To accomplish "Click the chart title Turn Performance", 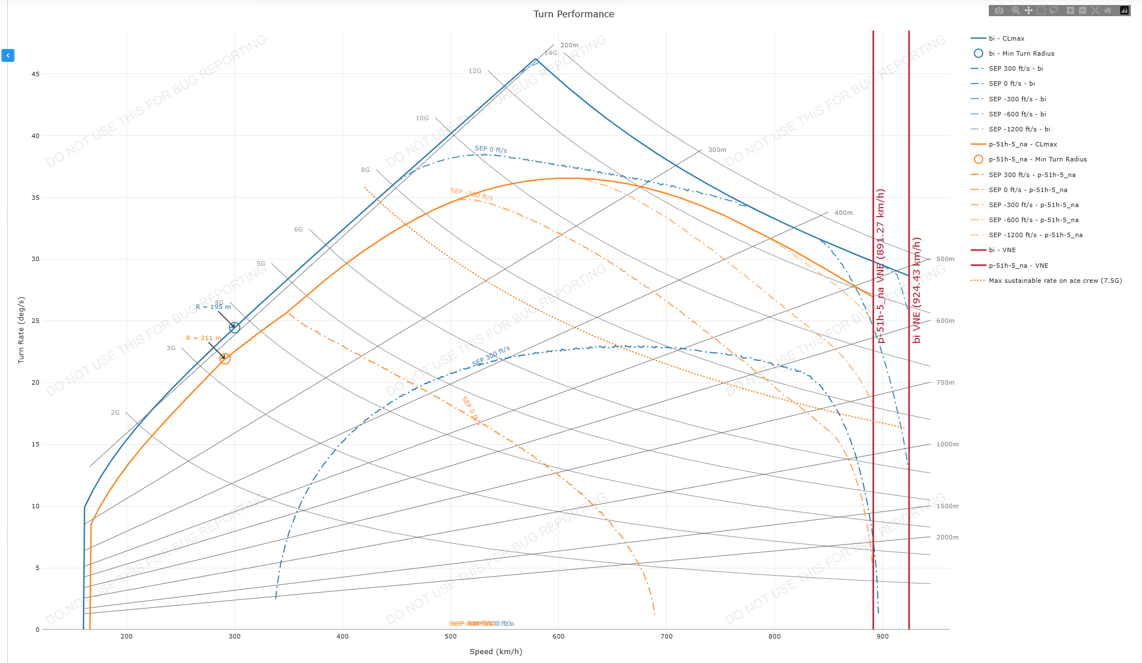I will pyautogui.click(x=573, y=14).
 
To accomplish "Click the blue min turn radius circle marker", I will pyautogui.click(x=235, y=327).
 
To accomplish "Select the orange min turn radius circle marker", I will pyautogui.click(x=225, y=359).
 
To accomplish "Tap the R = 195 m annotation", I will pyautogui.click(x=213, y=307).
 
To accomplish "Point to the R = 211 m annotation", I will pyautogui.click(x=203, y=338).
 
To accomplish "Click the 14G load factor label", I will pyautogui.click(x=550, y=53).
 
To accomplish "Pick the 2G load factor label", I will pyautogui.click(x=115, y=412).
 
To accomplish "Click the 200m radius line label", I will pyautogui.click(x=569, y=45).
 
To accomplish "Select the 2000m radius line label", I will pyautogui.click(x=947, y=537).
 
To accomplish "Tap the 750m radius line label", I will pyautogui.click(x=945, y=382).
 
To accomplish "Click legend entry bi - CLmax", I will pyautogui.click(x=1006, y=38).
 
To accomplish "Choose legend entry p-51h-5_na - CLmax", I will pyautogui.click(x=1022, y=144).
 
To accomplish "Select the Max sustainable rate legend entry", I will pyautogui.click(x=1055, y=281).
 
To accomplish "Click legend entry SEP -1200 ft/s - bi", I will pyautogui.click(x=1019, y=129).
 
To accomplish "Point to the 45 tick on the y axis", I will pyautogui.click(x=36, y=74).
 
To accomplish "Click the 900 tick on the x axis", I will pyautogui.click(x=882, y=636).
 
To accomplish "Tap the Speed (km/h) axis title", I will pyautogui.click(x=496, y=651).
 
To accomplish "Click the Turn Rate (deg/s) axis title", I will pyautogui.click(x=21, y=330).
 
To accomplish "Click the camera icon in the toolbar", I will pyautogui.click(x=999, y=11).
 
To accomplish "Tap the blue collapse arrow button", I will pyautogui.click(x=8, y=55).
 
